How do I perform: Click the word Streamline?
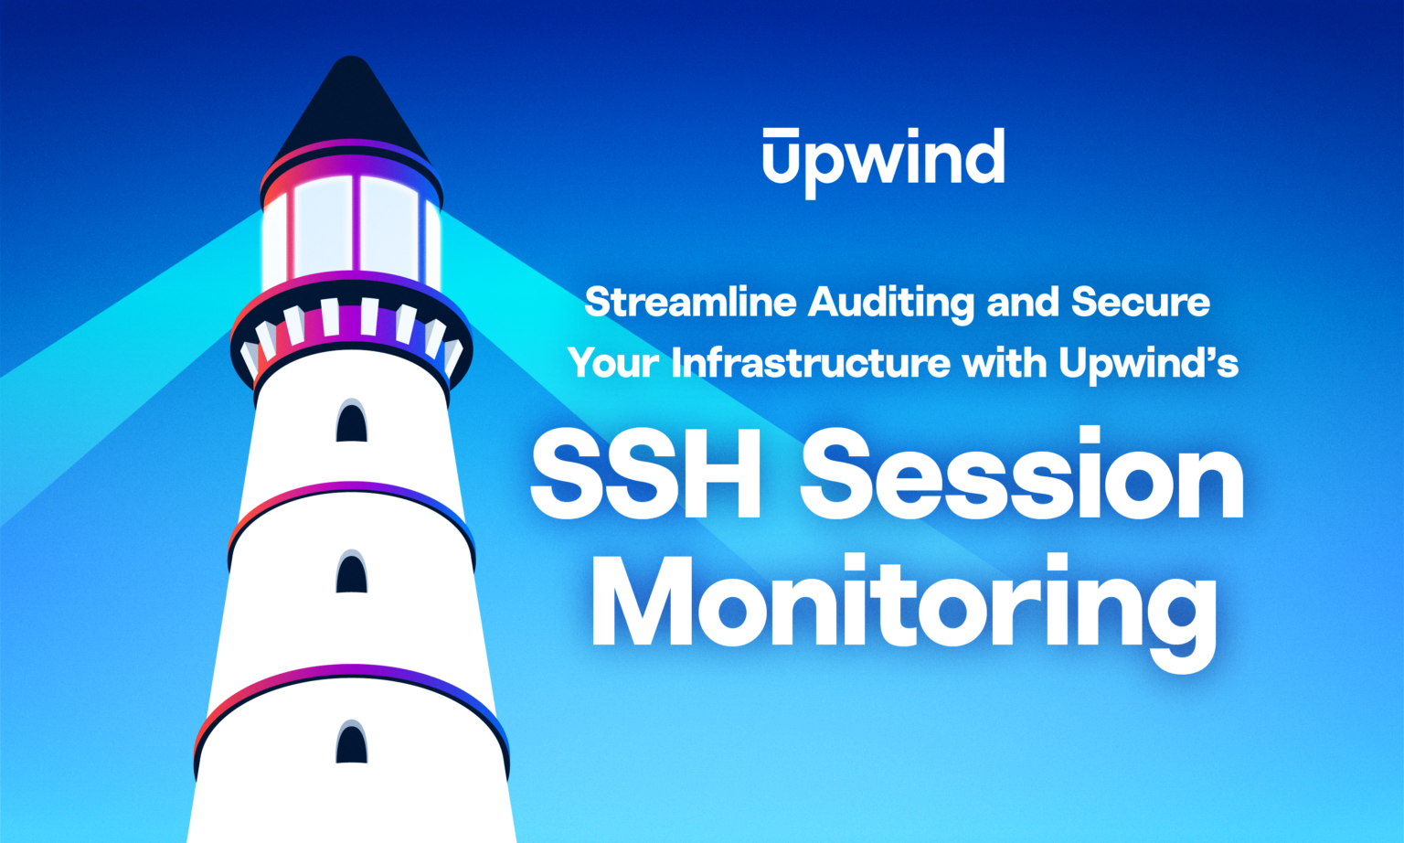(x=690, y=302)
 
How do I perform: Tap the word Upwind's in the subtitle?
(x=1149, y=363)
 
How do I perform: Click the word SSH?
(x=645, y=476)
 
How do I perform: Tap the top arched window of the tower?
(x=351, y=422)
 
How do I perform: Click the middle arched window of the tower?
(x=351, y=574)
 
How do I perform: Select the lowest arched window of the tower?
(x=351, y=742)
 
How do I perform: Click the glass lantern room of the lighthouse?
(x=351, y=229)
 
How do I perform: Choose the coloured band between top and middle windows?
(x=351, y=495)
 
